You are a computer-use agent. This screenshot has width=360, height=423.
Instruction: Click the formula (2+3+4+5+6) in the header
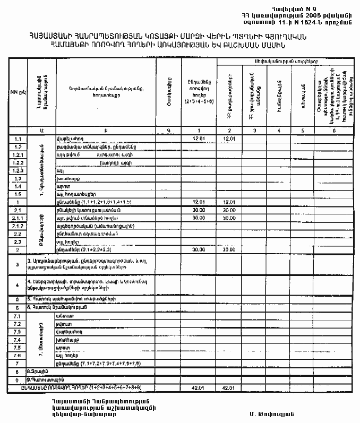(196, 101)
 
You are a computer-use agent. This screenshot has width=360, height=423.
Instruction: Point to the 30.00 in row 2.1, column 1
(199, 210)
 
